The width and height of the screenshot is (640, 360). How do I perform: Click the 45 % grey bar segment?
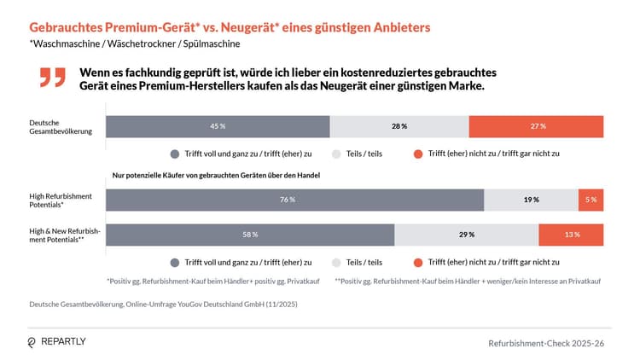[218, 125]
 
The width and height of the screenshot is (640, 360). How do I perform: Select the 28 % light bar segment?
[399, 125]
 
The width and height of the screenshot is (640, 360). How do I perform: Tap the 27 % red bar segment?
[537, 125]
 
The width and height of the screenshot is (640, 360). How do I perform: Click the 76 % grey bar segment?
[294, 200]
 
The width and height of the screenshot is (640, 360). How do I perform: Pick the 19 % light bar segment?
[531, 200]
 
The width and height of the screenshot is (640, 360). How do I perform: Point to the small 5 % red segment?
[591, 200]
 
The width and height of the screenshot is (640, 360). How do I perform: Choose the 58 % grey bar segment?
[250, 235]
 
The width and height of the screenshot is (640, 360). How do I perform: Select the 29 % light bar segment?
[466, 235]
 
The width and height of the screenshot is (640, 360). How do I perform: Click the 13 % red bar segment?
[571, 235]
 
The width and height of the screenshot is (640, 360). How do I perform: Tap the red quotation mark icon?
[52, 78]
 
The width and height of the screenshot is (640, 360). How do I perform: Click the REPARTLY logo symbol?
[32, 341]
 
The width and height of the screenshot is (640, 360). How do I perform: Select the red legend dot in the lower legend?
[417, 263]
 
